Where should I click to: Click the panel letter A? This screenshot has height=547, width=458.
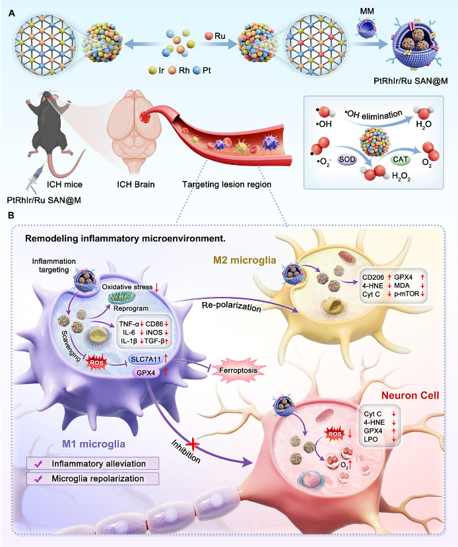9,9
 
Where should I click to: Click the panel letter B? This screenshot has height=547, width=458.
9,215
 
